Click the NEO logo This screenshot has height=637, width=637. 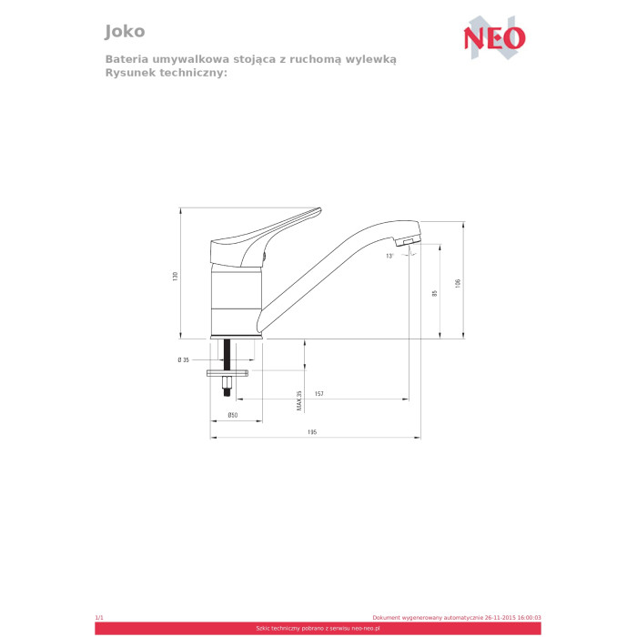pos(494,37)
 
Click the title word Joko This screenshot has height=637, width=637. pos(125,31)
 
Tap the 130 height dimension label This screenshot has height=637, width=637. pos(175,277)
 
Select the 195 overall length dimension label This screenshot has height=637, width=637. pos(311,432)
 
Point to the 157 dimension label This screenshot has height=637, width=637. pos(319,394)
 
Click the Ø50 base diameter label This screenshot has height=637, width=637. pos(233,415)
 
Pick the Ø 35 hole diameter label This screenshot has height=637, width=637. pos(183,359)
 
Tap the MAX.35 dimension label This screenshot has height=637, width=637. pos(299,400)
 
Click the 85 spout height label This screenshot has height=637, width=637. pos(435,293)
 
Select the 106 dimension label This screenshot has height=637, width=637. pos(458,284)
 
